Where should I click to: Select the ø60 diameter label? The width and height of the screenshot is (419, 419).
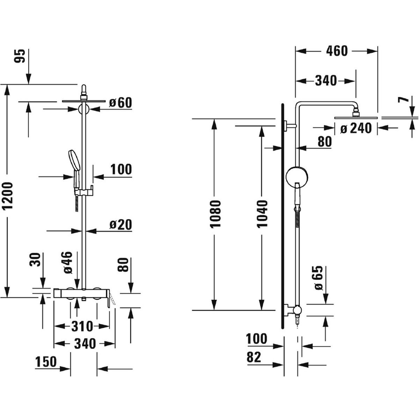(120, 103)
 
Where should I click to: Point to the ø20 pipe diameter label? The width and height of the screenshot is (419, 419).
(120, 225)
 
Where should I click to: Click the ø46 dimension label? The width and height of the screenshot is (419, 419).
(68, 262)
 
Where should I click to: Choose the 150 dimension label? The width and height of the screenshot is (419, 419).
(45, 362)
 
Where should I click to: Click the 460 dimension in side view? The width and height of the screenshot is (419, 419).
(337, 51)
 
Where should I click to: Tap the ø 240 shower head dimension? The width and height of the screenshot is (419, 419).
(356, 129)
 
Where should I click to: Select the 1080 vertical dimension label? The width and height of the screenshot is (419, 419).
(216, 214)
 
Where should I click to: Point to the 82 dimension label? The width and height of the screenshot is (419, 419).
(254, 358)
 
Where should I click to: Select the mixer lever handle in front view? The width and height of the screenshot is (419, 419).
(111, 299)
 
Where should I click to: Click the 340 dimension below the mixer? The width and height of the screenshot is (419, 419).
(84, 344)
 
